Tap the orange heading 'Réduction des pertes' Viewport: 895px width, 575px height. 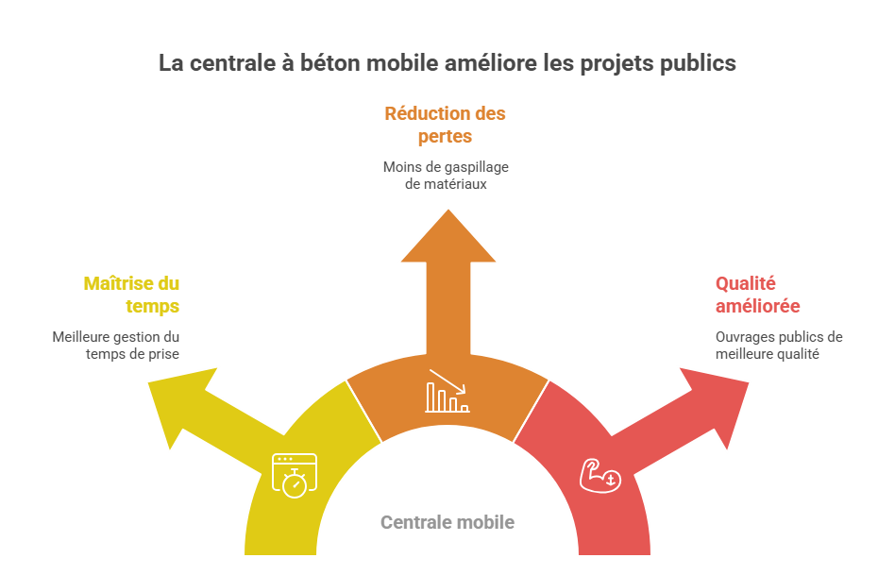click(445, 125)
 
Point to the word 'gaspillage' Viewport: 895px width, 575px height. click(474, 167)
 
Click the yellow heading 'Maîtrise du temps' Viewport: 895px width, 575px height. click(131, 295)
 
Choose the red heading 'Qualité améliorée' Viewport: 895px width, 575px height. click(758, 295)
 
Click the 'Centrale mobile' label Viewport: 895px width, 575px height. click(447, 522)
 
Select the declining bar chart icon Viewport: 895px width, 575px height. click(447, 390)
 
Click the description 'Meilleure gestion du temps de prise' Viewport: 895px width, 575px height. click(116, 346)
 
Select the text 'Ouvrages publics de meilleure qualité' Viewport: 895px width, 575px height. click(779, 346)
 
